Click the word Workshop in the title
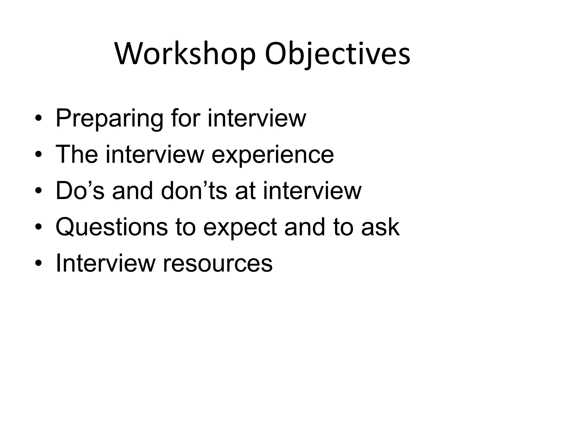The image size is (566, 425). pyautogui.click(x=185, y=54)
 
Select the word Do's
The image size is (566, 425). pyautogui.click(x=80, y=191)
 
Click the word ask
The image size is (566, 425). pyautogui.click(x=380, y=227)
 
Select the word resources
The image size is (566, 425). pyautogui.click(x=218, y=264)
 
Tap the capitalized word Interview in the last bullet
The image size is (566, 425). pyautogui.click(x=106, y=263)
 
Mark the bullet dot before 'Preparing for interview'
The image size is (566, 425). pyautogui.click(x=38, y=119)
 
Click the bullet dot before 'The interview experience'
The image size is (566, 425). pyautogui.click(x=38, y=155)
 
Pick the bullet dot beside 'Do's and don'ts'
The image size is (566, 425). pyautogui.click(x=38, y=191)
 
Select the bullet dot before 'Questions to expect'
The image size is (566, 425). pyautogui.click(x=38, y=228)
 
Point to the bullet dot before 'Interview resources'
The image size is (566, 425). pyautogui.click(x=38, y=264)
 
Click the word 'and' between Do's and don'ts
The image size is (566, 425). pyautogui.click(x=133, y=191)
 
